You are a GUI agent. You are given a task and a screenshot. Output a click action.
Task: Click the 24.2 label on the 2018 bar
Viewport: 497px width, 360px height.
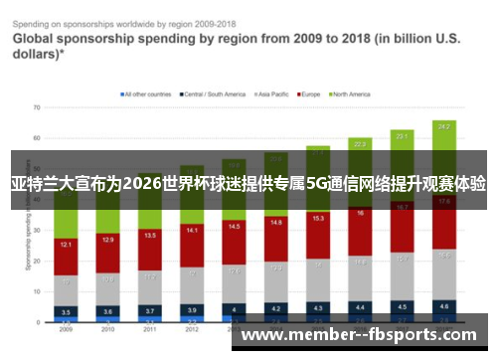click(443, 127)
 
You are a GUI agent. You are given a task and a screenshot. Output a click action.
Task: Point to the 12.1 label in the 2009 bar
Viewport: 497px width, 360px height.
click(67, 244)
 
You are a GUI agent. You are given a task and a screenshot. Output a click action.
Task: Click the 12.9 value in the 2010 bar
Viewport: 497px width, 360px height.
click(108, 240)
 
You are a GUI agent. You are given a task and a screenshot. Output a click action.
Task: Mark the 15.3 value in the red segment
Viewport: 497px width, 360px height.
click(318, 217)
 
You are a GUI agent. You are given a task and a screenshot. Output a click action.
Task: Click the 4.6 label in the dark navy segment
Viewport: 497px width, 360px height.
click(443, 305)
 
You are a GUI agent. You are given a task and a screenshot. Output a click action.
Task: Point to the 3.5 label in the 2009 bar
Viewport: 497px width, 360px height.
click(67, 311)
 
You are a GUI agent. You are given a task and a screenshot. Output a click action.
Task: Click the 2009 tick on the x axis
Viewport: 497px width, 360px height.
click(67, 328)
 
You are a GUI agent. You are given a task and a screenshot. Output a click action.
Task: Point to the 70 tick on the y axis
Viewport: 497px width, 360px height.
click(36, 106)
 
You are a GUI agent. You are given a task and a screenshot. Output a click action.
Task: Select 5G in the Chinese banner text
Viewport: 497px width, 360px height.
click(317, 184)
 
